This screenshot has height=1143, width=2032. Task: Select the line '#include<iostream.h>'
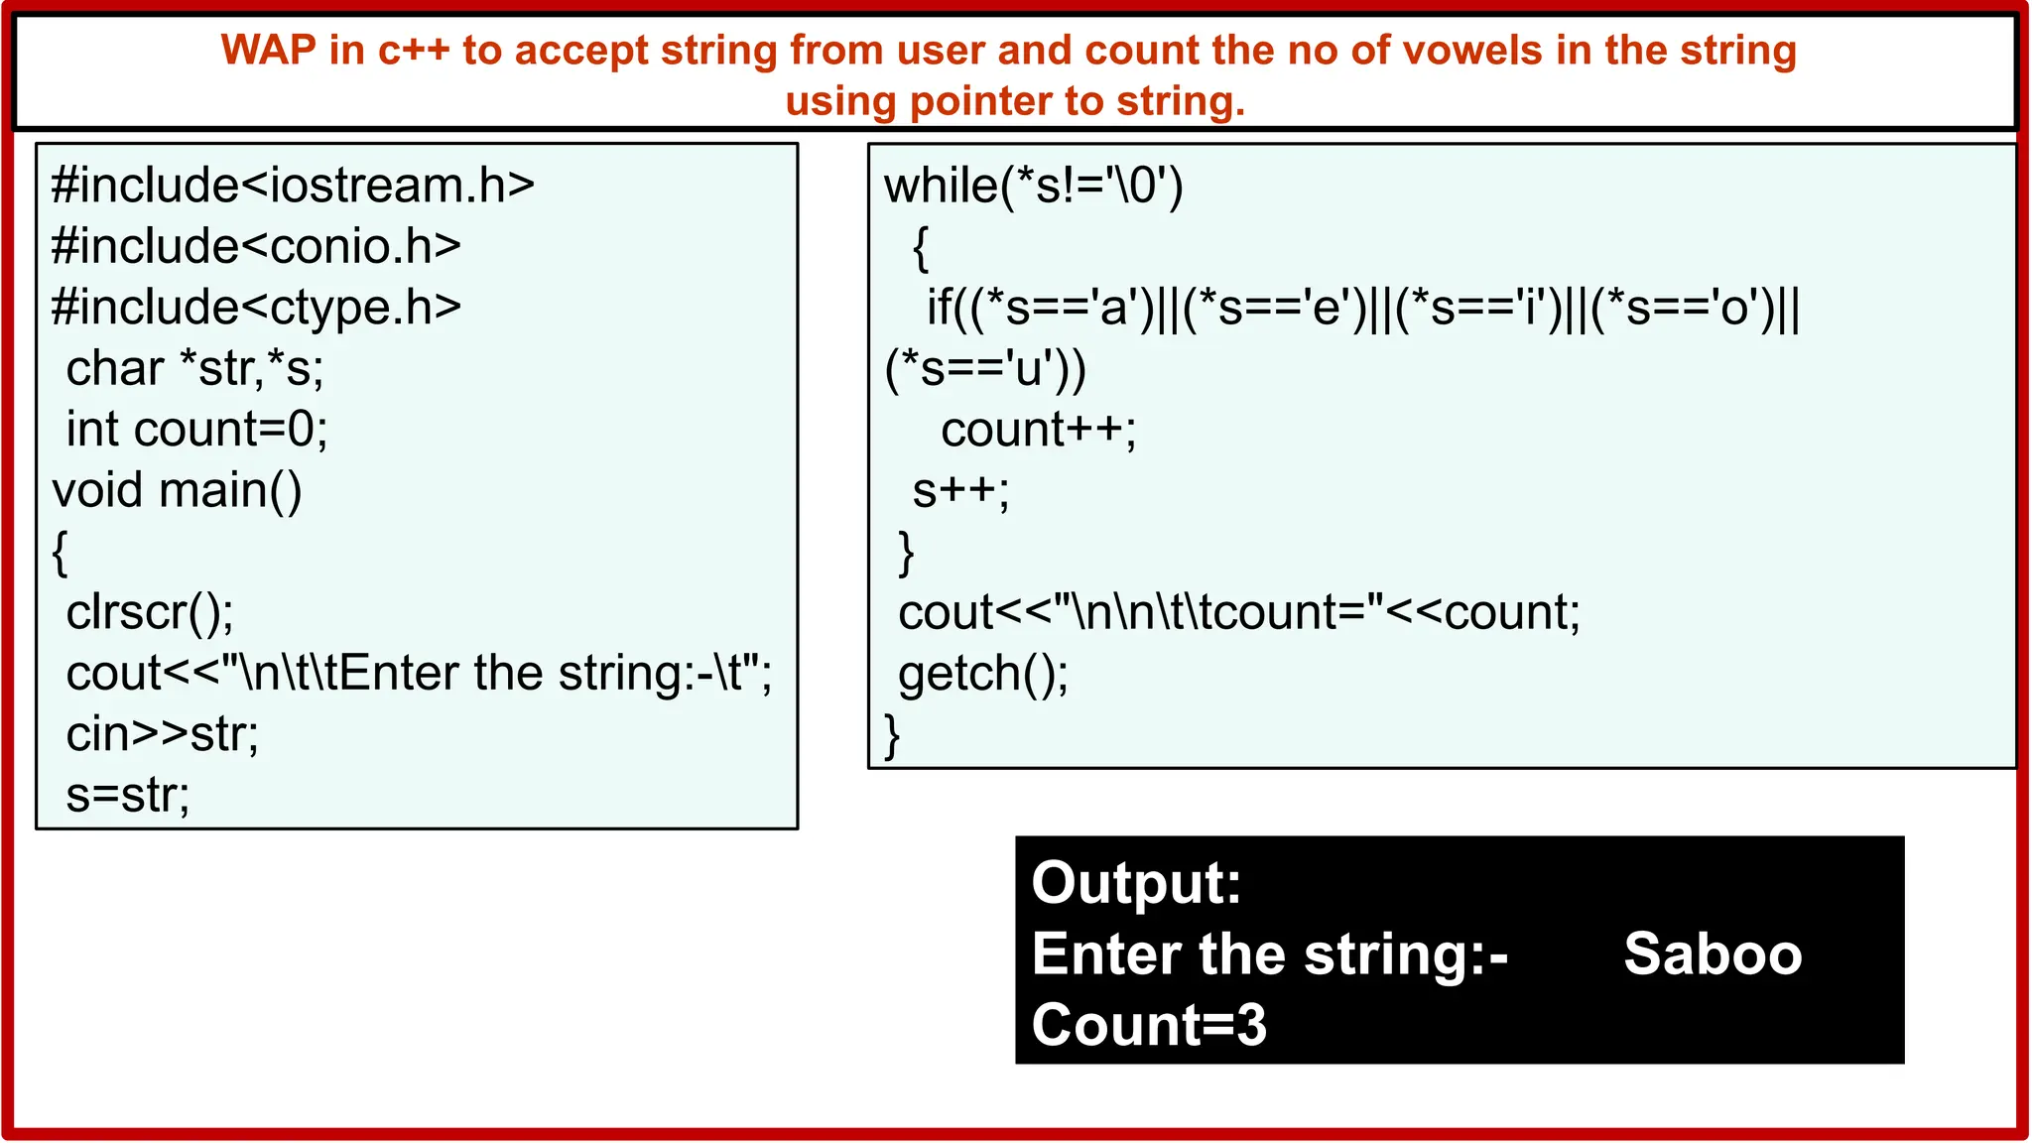tap(293, 186)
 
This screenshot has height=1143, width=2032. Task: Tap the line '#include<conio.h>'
tap(256, 246)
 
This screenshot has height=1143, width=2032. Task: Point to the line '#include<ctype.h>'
tap(256, 308)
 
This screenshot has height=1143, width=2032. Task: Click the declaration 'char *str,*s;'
tap(194, 369)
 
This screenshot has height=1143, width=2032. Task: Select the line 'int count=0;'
tap(196, 430)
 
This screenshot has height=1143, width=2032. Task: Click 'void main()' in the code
tap(177, 490)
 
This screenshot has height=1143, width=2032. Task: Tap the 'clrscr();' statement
tap(150, 612)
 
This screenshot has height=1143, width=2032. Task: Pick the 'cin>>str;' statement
tap(162, 734)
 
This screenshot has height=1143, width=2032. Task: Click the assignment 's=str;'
tap(128, 795)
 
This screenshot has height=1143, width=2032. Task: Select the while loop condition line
tap(1033, 186)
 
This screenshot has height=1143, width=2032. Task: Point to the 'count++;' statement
tap(1038, 430)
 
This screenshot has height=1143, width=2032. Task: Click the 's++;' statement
tap(960, 490)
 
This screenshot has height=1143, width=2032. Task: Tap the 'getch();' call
tap(982, 674)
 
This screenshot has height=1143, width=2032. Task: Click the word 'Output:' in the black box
tap(1136, 882)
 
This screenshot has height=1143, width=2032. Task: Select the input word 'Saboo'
tap(1713, 954)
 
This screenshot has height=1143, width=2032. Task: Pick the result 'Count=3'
tap(1149, 1025)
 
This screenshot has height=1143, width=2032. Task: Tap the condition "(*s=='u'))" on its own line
tap(984, 369)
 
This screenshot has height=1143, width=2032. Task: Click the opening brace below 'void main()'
tap(61, 552)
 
